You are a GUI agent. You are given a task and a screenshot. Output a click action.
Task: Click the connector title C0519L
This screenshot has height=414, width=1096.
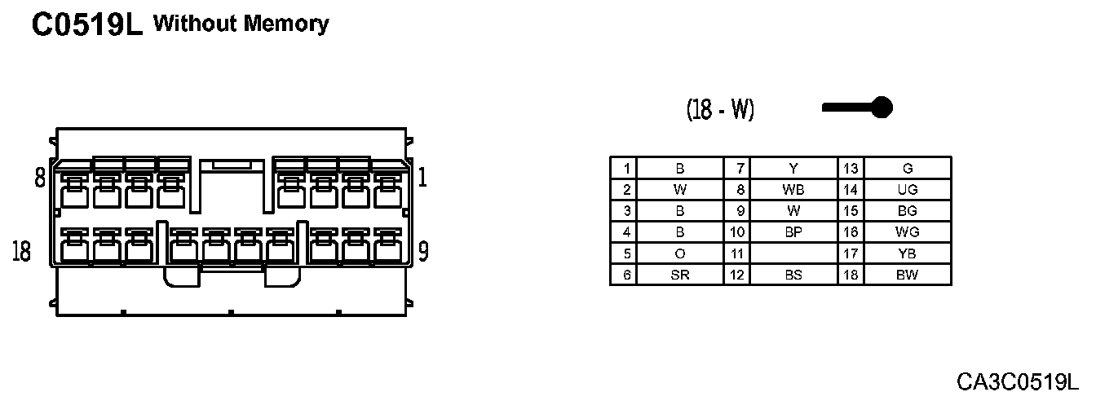point(86,25)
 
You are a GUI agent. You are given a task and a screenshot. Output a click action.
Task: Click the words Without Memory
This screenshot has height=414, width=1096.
point(241,24)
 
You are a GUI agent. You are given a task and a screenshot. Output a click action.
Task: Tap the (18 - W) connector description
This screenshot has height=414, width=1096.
point(720,109)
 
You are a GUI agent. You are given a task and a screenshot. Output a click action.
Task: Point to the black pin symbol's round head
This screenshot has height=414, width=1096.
point(882,107)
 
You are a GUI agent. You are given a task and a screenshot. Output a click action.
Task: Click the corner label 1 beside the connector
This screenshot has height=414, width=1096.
point(422,178)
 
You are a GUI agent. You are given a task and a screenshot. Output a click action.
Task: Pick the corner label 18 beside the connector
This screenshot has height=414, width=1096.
point(22,252)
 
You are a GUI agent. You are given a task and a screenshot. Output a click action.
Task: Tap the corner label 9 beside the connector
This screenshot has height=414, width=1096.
point(423,252)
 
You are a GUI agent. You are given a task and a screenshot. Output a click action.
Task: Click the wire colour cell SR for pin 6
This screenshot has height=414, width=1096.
point(680,275)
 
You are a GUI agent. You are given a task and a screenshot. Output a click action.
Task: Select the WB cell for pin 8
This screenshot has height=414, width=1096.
point(793,190)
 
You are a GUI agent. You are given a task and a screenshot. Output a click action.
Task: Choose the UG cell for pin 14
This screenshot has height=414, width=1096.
point(907,190)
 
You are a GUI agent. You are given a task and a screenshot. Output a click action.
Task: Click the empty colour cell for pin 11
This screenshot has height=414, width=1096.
point(793,254)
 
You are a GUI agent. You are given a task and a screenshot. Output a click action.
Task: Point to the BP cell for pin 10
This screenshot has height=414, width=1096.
point(793,232)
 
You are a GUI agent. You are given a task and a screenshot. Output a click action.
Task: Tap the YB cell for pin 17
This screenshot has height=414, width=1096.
point(907,254)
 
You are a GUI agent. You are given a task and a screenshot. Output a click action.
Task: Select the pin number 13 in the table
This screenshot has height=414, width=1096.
point(851,169)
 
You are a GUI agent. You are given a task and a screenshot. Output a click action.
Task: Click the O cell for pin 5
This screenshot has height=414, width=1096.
point(680,254)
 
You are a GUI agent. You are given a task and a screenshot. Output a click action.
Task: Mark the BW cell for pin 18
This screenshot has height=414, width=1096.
point(907,275)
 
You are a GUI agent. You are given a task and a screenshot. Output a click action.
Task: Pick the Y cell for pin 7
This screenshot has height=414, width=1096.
point(793,169)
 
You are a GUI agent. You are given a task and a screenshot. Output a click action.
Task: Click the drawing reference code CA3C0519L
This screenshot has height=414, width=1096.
point(1017,381)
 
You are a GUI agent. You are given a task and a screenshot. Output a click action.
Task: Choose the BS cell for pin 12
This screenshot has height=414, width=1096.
point(793,275)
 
